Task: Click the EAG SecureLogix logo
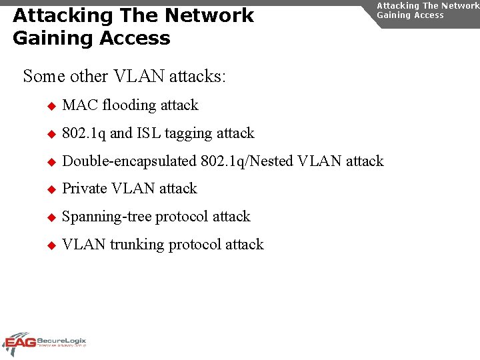coord(44,343)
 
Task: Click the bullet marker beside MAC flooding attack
coord(51,106)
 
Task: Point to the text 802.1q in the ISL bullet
coord(83,133)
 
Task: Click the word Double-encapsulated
coord(129,161)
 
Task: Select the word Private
coord(84,189)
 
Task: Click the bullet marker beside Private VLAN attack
coord(51,189)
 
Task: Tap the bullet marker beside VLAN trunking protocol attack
coord(51,245)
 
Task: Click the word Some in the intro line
coord(44,76)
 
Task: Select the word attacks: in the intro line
coord(198,76)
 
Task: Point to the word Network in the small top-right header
coord(461,5)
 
